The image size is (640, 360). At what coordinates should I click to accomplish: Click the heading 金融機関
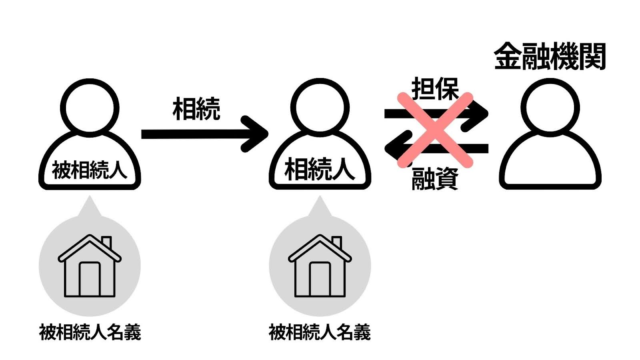click(550, 57)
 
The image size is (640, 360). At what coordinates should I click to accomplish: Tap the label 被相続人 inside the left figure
click(90, 170)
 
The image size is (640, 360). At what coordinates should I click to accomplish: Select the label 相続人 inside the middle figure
click(320, 170)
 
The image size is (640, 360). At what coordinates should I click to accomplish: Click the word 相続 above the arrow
click(196, 109)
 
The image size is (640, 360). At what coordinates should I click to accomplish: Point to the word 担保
click(435, 88)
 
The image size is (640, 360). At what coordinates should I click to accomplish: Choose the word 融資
click(435, 178)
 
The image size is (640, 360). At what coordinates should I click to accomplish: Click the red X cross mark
click(435, 130)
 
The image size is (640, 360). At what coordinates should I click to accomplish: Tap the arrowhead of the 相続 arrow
click(258, 134)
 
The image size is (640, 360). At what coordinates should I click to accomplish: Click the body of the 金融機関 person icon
click(550, 164)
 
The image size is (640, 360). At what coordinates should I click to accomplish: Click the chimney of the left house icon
click(106, 242)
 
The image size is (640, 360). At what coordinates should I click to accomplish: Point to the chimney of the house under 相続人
click(336, 242)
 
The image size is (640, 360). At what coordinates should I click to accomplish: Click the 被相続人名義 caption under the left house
click(90, 332)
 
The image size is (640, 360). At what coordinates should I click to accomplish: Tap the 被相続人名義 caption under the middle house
click(320, 332)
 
